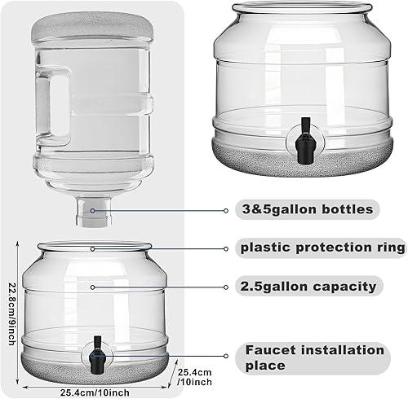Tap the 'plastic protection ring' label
(x=322, y=247)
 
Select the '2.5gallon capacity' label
(x=308, y=286)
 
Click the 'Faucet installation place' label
(x=315, y=357)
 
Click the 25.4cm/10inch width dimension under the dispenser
(x=94, y=391)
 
